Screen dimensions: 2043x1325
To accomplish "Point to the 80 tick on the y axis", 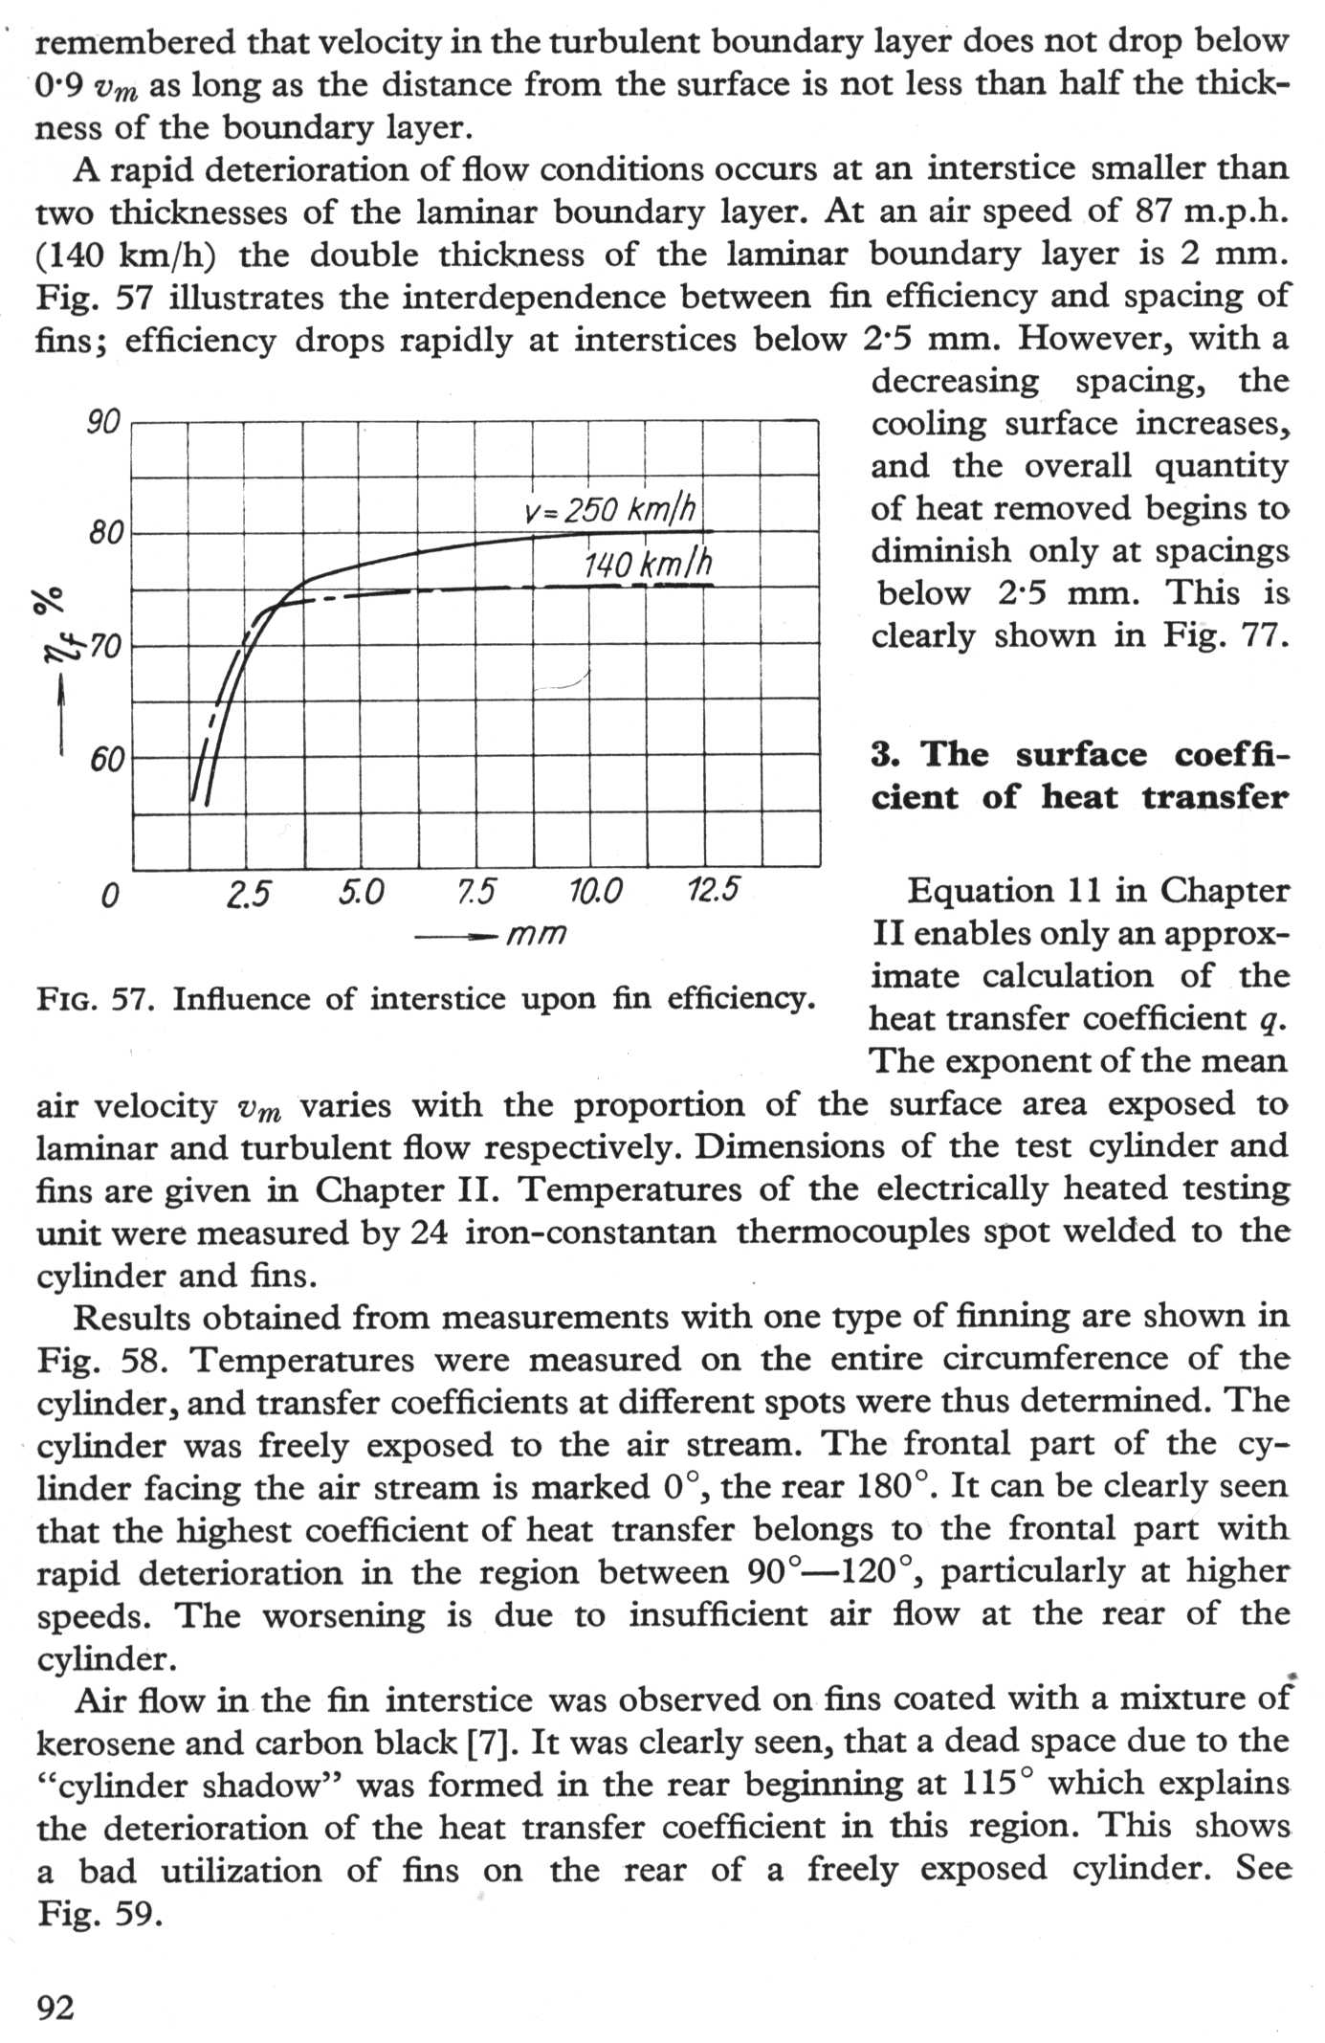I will (102, 533).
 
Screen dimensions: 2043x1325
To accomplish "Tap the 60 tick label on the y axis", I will (107, 761).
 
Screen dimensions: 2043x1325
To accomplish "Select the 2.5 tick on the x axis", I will (249, 893).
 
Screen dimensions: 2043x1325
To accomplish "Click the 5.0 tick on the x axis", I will (362, 893).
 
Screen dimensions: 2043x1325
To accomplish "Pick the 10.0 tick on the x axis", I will (595, 893).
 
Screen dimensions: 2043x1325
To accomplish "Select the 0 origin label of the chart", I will (110, 896).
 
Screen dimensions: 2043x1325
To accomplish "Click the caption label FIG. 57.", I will (96, 1000).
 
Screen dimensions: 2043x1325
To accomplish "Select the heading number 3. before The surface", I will (885, 755).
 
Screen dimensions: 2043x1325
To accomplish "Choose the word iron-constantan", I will (590, 1232).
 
